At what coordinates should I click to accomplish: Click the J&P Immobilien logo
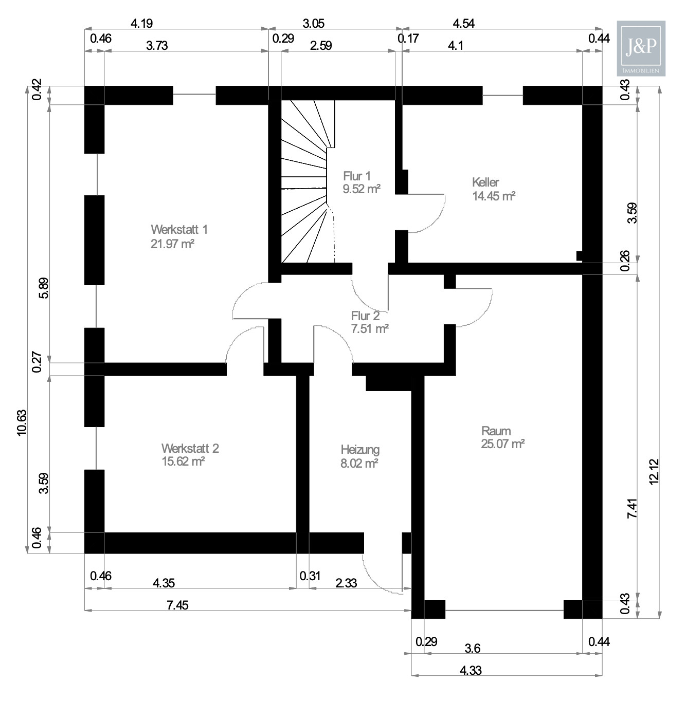pos(641,48)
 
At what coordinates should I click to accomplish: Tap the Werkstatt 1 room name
pos(179,229)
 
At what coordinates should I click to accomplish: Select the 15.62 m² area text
pos(183,462)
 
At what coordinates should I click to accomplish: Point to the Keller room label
pos(485,182)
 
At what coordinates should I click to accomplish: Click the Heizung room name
pos(360,450)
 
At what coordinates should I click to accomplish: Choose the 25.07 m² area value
pos(502,444)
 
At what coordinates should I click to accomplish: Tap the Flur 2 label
pos(365,316)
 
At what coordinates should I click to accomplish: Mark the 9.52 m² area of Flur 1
pos(362,189)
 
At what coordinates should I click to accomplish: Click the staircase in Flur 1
pos(304,180)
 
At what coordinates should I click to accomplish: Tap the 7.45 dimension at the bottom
pos(177,605)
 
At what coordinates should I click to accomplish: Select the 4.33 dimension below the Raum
pos(471,670)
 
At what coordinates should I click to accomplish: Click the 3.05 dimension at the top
pos(313,24)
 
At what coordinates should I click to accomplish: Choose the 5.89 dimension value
pos(44,288)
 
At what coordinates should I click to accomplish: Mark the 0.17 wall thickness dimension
pos(408,38)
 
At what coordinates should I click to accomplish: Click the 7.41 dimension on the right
pos(632,508)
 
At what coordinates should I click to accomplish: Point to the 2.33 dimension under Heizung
pos(346,583)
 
